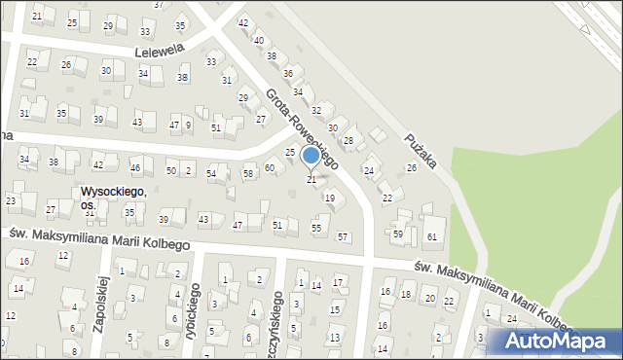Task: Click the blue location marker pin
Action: coord(311,155)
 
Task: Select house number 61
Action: coord(432,237)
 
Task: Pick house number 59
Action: coord(397,234)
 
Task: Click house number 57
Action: coord(342,236)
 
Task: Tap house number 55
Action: coord(316,228)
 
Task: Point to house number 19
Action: coord(330,198)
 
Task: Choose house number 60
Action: coord(269,168)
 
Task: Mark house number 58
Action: coord(248,173)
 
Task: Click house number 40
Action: coord(258,40)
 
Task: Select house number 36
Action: coord(287,73)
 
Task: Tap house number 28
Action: coord(348,141)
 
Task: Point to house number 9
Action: coord(188,125)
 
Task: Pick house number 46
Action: coord(135,168)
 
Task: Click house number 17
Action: coord(337,282)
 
